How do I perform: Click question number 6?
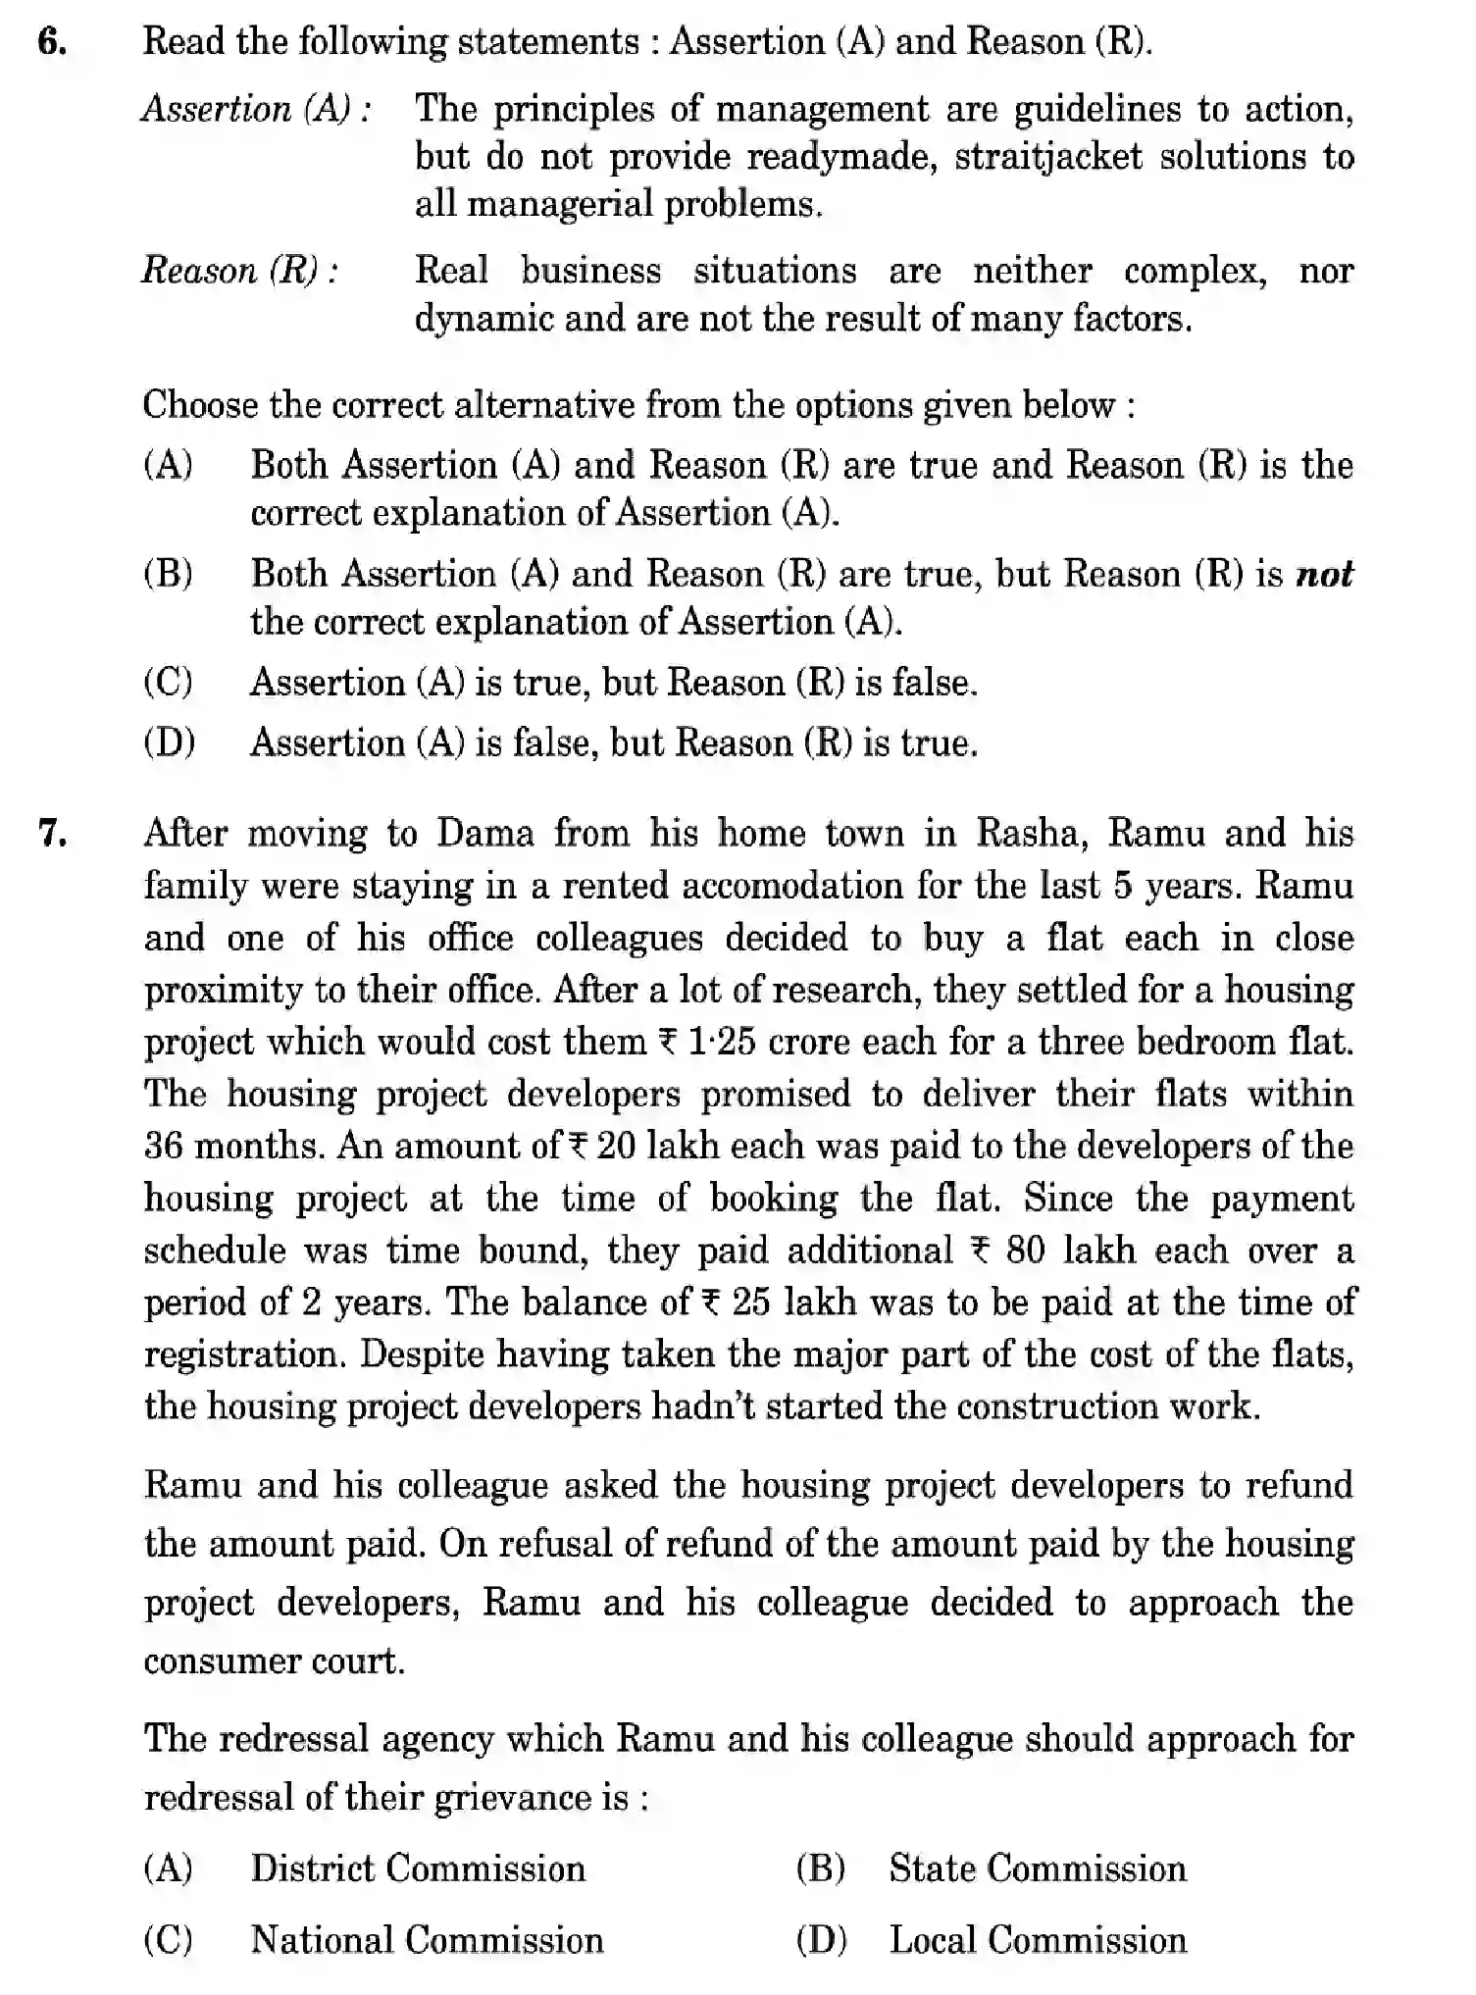(52, 43)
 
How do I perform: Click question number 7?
(52, 834)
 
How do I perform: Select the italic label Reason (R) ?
(240, 271)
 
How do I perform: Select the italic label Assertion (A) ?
(256, 109)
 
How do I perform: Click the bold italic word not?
(1324, 574)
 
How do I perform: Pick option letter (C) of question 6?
(168, 683)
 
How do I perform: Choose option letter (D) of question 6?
(169, 742)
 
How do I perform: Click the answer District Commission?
(418, 1868)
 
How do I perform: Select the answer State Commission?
(1037, 1868)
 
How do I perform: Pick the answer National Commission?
(427, 1940)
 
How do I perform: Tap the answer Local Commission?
(1037, 1940)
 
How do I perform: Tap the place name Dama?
(485, 834)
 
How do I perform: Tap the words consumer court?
(274, 1662)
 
